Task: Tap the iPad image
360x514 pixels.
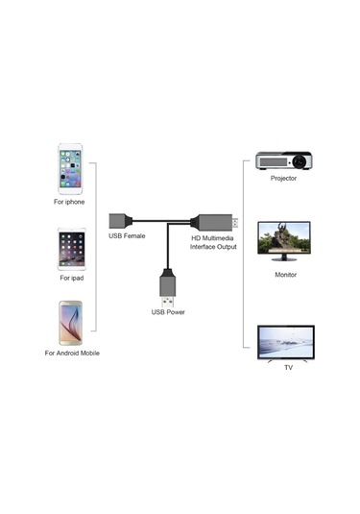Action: click(x=71, y=247)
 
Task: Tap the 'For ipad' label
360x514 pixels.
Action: click(x=71, y=279)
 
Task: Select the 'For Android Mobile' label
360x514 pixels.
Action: click(x=71, y=354)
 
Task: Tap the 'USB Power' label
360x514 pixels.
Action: click(x=168, y=311)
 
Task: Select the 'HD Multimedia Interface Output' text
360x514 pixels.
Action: click(x=212, y=241)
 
